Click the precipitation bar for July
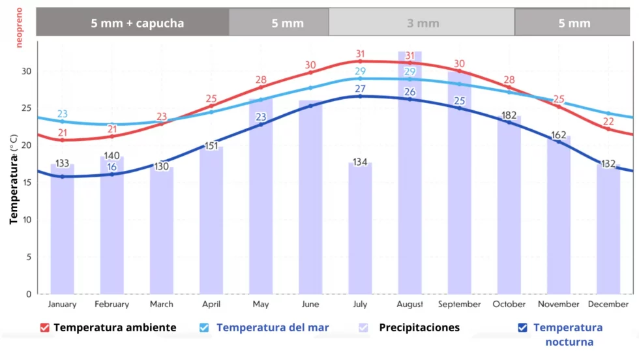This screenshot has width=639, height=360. [x=360, y=228]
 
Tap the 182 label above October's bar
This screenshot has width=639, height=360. [x=509, y=115]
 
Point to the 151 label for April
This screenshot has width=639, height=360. [x=211, y=145]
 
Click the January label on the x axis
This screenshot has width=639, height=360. [x=62, y=304]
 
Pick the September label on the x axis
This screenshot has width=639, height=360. [x=459, y=304]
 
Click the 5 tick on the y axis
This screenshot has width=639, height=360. [x=28, y=257]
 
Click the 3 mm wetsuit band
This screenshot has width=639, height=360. [x=423, y=23]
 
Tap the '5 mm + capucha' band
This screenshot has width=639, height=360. [x=137, y=23]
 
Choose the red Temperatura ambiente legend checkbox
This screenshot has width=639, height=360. [x=45, y=327]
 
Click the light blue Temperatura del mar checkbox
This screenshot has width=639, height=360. [x=204, y=327]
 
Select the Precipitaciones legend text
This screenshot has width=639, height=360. [x=419, y=327]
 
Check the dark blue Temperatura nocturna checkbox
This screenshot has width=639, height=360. [x=522, y=327]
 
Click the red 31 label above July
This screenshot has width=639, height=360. [x=360, y=54]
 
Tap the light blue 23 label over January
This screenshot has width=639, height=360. [x=62, y=114]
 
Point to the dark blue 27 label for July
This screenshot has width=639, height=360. [x=360, y=89]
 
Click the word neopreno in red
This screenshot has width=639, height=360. [x=20, y=27]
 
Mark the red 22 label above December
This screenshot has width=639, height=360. [x=608, y=121]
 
